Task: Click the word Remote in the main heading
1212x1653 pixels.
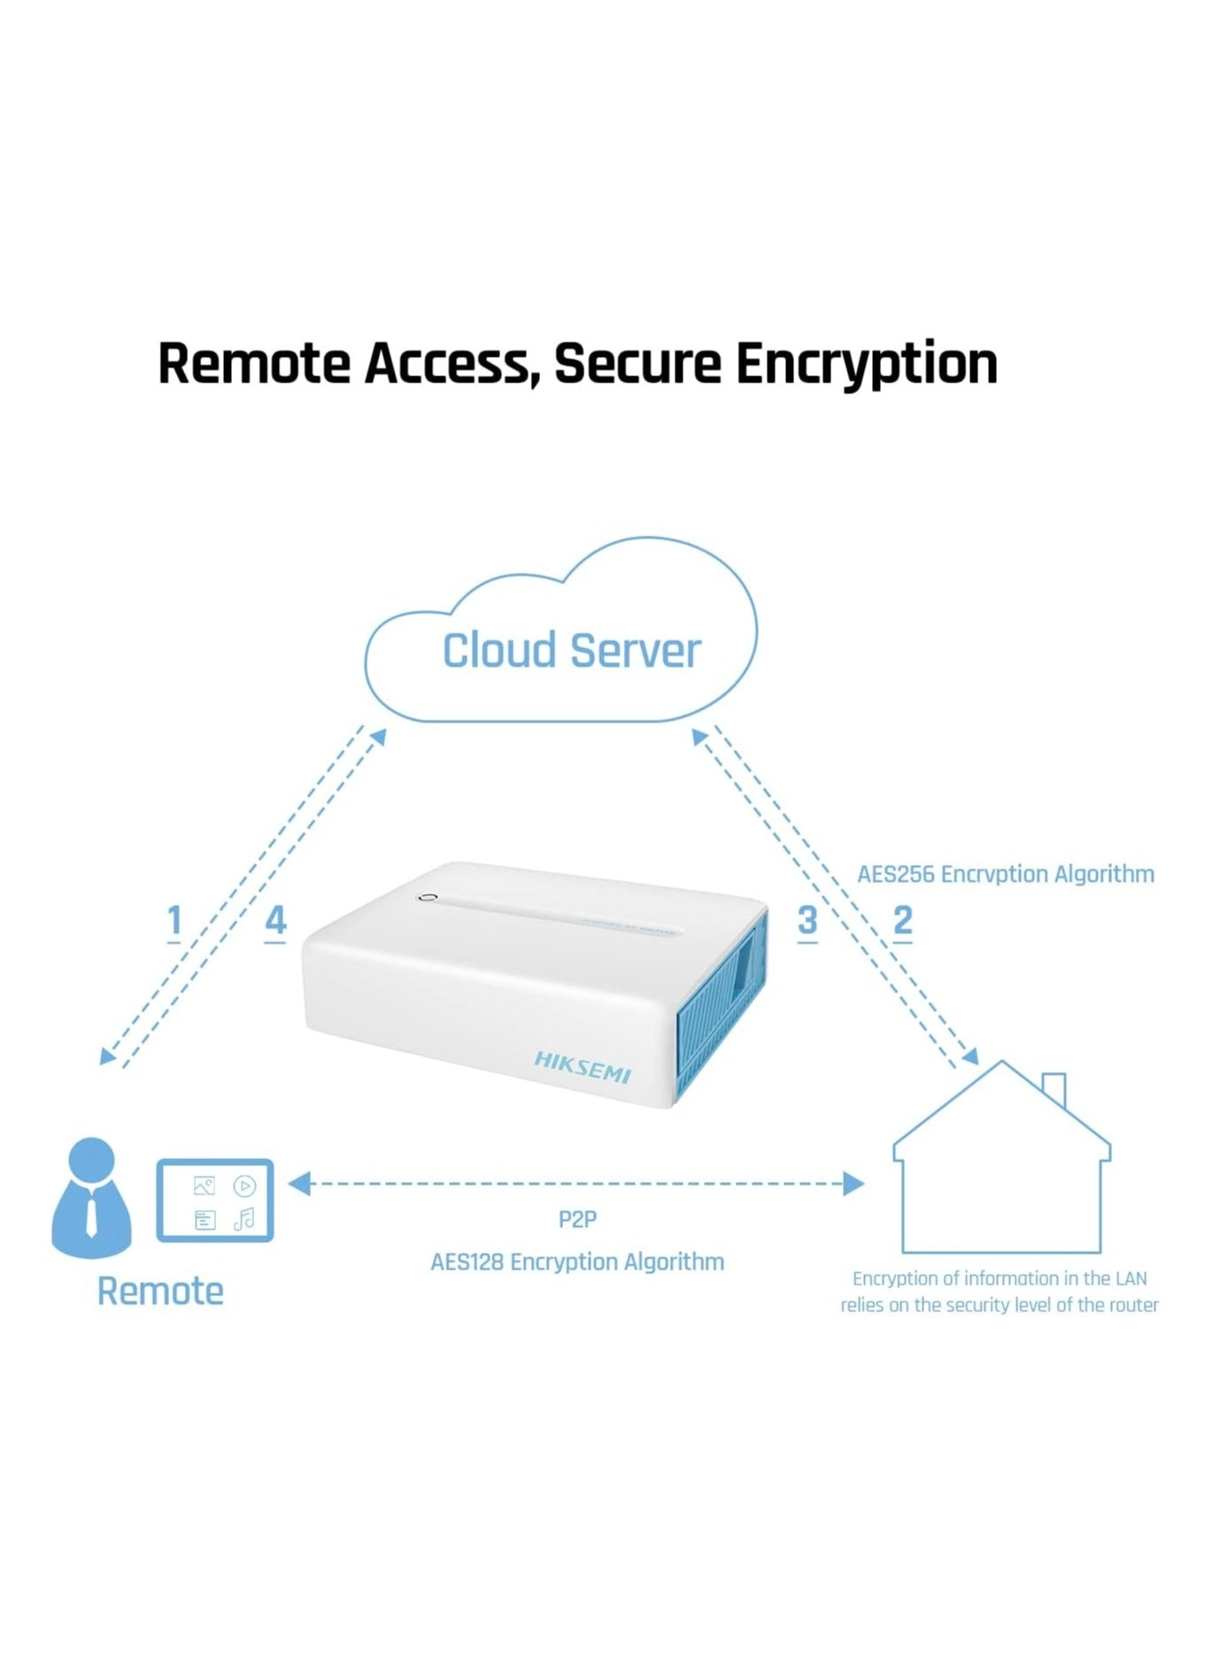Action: [x=253, y=363]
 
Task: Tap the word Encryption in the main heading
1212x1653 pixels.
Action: [x=866, y=363]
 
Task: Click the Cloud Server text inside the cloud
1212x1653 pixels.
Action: [x=571, y=651]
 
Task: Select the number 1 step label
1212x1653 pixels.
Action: [x=174, y=921]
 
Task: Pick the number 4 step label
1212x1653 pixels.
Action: [x=275, y=921]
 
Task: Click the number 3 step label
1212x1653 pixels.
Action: [x=807, y=921]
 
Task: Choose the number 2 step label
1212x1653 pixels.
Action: [x=902, y=921]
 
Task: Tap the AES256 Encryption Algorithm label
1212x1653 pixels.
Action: [x=1005, y=874]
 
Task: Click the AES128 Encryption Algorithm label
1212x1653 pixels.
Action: [x=576, y=1262]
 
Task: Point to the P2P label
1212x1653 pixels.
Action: [x=577, y=1219]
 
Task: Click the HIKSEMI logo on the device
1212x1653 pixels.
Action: [x=582, y=1067]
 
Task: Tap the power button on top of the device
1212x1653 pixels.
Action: [x=428, y=897]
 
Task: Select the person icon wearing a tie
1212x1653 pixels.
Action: [x=91, y=1197]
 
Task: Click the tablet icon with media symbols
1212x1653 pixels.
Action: [x=215, y=1201]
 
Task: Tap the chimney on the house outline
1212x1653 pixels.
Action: [x=1054, y=1088]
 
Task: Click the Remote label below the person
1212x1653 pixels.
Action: [x=160, y=1291]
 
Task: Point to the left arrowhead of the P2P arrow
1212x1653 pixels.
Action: [x=299, y=1183]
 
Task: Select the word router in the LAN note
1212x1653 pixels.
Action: [x=1133, y=1305]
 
